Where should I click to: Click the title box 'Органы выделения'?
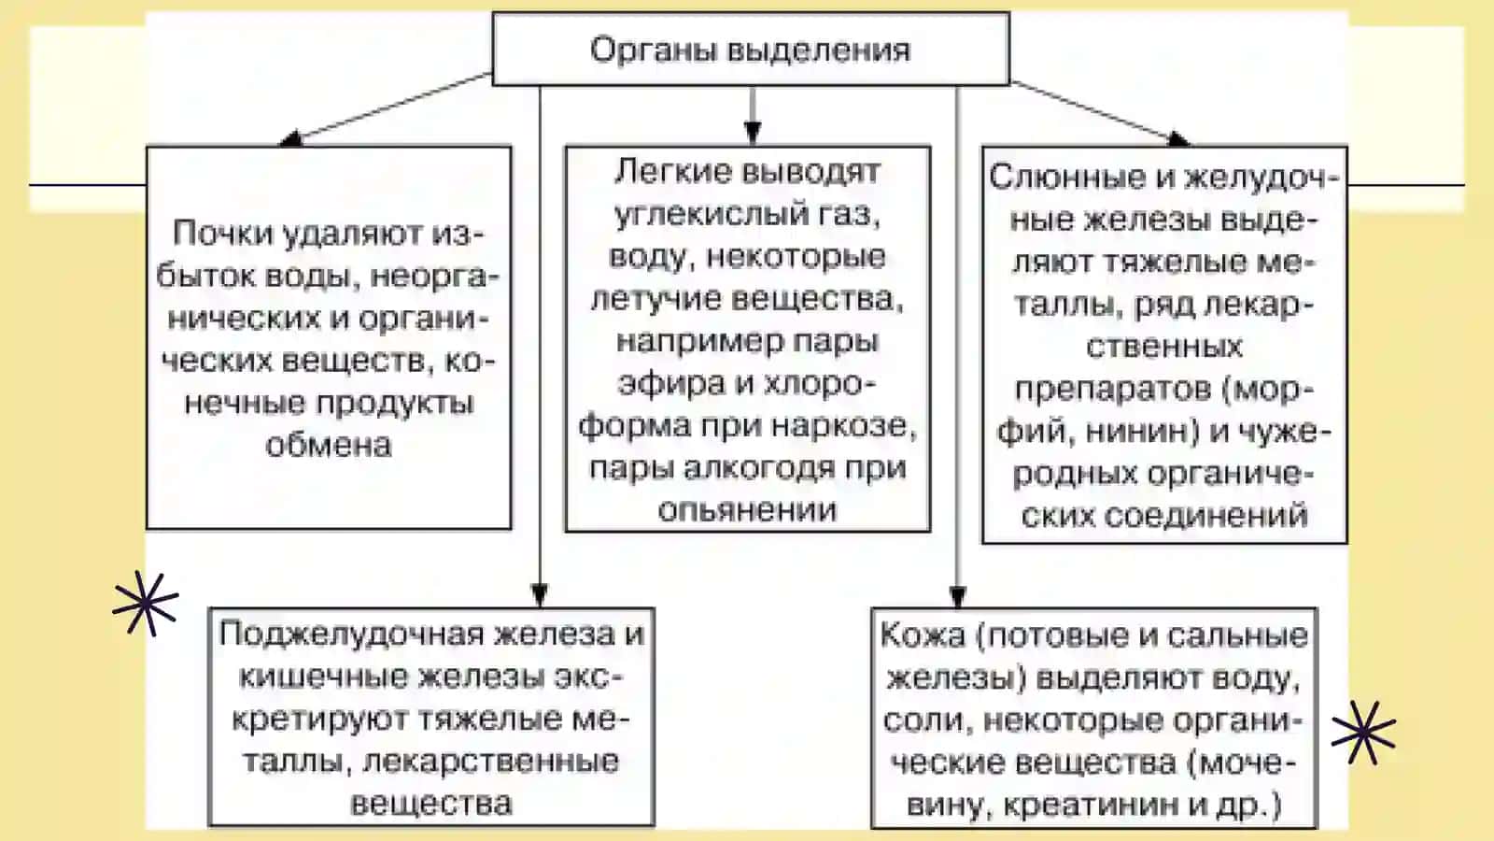coord(751,49)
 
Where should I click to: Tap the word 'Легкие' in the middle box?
coord(672,172)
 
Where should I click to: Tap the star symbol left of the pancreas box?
coord(146,603)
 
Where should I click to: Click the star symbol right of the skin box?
coord(1363,733)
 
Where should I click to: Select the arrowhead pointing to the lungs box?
coord(753,133)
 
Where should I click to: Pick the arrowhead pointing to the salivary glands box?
coord(1177,139)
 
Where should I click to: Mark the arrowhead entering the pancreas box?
coord(540,595)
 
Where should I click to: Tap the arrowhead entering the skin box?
coord(958,597)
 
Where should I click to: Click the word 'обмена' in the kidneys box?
coord(328,445)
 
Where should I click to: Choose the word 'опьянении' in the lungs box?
coord(747,510)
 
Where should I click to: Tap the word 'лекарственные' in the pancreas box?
coord(491,762)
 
